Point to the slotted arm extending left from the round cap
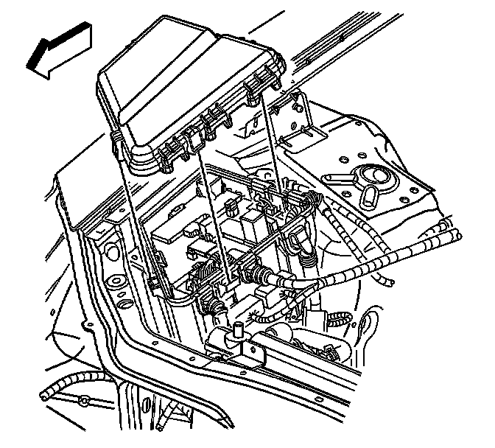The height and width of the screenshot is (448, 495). (x=336, y=179)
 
